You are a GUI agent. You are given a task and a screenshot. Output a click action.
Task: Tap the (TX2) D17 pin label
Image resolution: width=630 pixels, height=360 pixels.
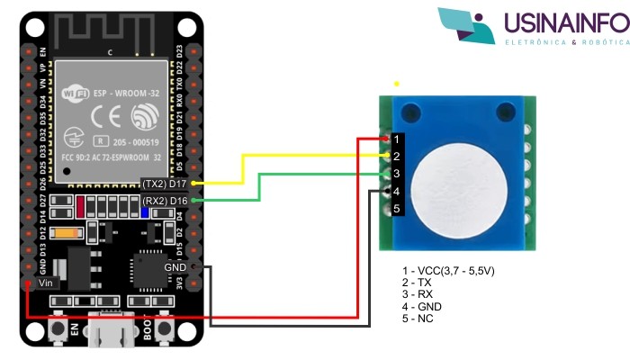coord(166,184)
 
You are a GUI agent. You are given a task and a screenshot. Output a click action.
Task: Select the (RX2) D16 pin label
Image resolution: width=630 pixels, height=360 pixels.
coord(166,200)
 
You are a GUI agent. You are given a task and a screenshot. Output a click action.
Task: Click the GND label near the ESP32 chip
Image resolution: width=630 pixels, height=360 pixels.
coord(175,267)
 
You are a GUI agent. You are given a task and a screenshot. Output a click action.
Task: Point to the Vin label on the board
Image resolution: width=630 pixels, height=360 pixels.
coord(47,283)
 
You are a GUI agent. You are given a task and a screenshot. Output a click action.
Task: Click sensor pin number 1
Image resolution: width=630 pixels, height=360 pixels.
coord(396,139)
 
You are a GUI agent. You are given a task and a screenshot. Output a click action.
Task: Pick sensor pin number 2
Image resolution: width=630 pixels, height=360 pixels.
coord(396,157)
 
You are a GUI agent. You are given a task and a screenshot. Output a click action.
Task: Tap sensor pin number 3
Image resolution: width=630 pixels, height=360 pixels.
coord(396,174)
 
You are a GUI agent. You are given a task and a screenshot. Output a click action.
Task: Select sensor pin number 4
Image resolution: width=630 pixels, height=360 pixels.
coord(396,191)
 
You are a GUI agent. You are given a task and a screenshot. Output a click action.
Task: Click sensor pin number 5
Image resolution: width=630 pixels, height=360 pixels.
coord(396,209)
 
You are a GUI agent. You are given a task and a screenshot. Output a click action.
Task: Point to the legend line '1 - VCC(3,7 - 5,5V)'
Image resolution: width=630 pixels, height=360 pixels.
coord(449,271)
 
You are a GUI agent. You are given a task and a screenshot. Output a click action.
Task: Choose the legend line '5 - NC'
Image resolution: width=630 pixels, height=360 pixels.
coord(418,319)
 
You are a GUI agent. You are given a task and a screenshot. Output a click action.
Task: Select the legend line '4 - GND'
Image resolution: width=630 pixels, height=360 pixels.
coord(422,307)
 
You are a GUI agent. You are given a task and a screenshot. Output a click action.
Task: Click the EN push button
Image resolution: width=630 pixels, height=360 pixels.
coord(62,330)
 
